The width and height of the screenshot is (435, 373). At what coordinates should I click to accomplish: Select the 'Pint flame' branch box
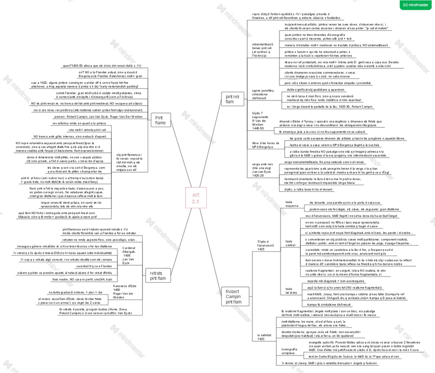click(161, 120)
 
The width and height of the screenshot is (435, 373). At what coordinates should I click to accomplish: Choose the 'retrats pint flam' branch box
click(157, 276)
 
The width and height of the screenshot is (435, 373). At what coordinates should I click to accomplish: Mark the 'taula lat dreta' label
click(290, 290)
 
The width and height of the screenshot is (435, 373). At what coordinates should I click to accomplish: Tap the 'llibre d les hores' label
click(266, 145)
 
